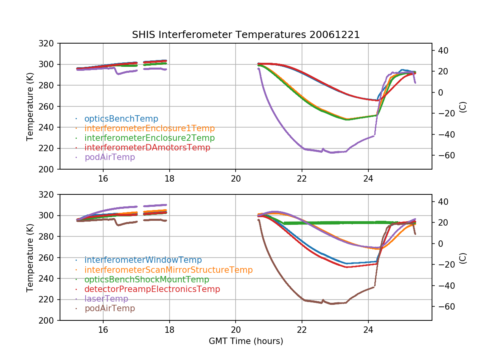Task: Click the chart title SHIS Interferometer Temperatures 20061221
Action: pos(246,35)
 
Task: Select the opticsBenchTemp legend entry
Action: pos(121,119)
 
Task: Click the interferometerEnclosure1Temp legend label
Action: pos(150,128)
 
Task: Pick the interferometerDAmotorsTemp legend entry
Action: pos(147,148)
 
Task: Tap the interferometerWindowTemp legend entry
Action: pos(143,260)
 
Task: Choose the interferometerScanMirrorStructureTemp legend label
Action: pos(168,270)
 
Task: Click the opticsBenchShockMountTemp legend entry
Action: pos(147,280)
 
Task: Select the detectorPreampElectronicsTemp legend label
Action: pos(152,289)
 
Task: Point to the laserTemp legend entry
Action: pos(106,299)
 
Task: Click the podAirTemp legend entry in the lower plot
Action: pos(110,308)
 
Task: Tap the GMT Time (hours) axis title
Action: pos(246,341)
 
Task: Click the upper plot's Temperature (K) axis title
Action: pos(30,106)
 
